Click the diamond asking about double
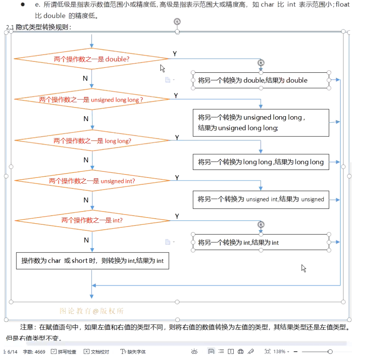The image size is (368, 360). point(91,59)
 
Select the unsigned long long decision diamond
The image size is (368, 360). point(91,99)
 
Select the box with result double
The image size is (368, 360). point(261,80)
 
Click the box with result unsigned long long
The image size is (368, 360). point(261,123)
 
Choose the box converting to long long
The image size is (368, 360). point(261,162)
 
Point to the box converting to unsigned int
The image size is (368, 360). point(261,199)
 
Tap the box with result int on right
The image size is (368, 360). point(261,243)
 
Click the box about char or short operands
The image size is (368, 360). point(92,261)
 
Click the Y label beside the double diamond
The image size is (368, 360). point(175,54)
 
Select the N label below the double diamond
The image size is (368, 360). point(85,78)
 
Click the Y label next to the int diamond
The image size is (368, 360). point(177,216)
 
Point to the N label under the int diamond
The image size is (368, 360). point(86,240)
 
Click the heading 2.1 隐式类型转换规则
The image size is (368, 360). point(39,27)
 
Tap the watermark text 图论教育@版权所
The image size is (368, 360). point(92,311)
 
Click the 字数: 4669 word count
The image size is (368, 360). point(34,352)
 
